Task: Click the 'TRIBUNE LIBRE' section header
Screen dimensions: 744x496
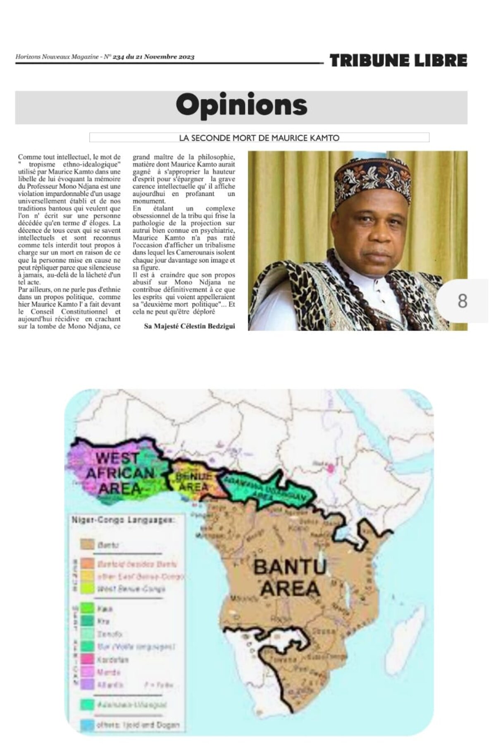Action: point(398,60)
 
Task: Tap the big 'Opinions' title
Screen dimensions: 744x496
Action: point(241,106)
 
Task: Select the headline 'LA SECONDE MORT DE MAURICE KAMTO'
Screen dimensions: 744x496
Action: point(259,138)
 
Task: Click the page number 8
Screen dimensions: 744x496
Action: point(463,301)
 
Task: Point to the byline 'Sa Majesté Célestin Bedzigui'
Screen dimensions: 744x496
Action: point(189,326)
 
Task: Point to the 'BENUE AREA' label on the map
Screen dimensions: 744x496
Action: point(193,481)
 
